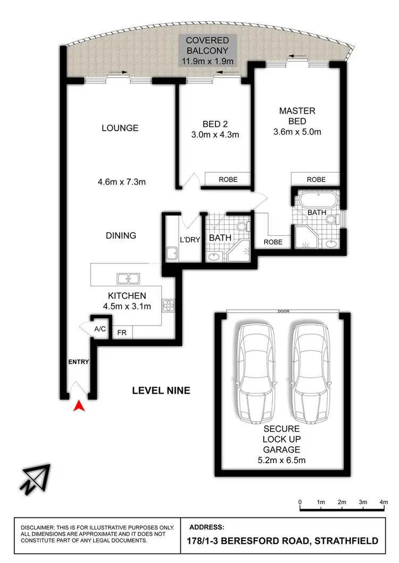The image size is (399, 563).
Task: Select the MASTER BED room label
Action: [297, 116]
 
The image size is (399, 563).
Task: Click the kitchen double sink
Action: [128, 278]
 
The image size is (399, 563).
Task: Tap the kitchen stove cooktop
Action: [169, 306]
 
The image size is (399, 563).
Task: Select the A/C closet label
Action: [100, 329]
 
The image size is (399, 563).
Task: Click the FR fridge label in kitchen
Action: [122, 333]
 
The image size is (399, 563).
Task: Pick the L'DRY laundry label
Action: [190, 240]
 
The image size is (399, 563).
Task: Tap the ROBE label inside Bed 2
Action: [228, 180]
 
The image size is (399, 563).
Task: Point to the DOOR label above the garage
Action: [282, 312]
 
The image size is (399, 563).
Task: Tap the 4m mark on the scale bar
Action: [384, 502]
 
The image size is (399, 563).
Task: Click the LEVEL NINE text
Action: [161, 391]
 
